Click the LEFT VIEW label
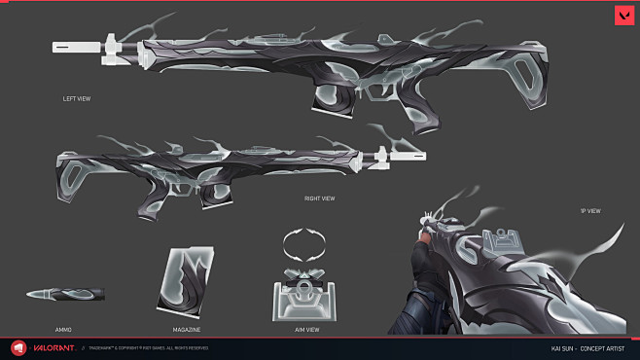point(76,98)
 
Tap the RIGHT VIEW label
point(320,198)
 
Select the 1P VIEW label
point(589,211)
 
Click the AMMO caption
point(63,330)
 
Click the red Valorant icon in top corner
point(622,17)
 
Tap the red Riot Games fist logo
point(18,347)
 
